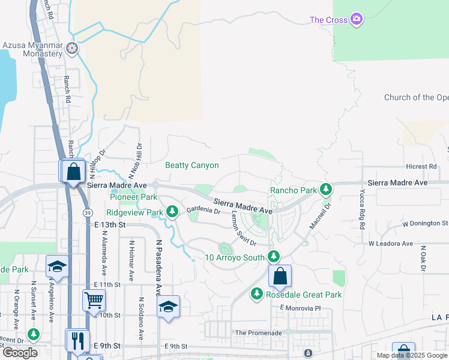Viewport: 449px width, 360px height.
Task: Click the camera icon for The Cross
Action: pyautogui.click(x=357, y=20)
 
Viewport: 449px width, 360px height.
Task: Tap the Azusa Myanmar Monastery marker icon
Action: pyautogui.click(x=73, y=47)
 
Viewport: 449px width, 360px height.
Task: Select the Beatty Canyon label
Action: pyautogui.click(x=192, y=165)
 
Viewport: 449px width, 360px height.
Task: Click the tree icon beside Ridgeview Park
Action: pyautogui.click(x=172, y=212)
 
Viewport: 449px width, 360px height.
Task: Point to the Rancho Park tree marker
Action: pyautogui.click(x=325, y=190)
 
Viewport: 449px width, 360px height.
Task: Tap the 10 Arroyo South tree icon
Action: pyautogui.click(x=274, y=257)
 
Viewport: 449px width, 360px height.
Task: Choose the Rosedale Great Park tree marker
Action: pyautogui.click(x=257, y=294)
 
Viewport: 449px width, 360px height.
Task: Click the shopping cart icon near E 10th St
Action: pyautogui.click(x=94, y=298)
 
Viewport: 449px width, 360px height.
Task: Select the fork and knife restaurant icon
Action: pyautogui.click(x=77, y=340)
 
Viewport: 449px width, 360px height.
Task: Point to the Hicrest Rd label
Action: pyautogui.click(x=421, y=166)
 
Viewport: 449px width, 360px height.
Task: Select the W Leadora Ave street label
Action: pyautogui.click(x=391, y=244)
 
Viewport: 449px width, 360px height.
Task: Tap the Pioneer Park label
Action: pyautogui.click(x=133, y=197)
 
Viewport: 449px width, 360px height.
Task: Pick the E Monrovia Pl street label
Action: pyautogui.click(x=305, y=308)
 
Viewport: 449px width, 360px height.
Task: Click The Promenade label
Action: pyautogui.click(x=258, y=332)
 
